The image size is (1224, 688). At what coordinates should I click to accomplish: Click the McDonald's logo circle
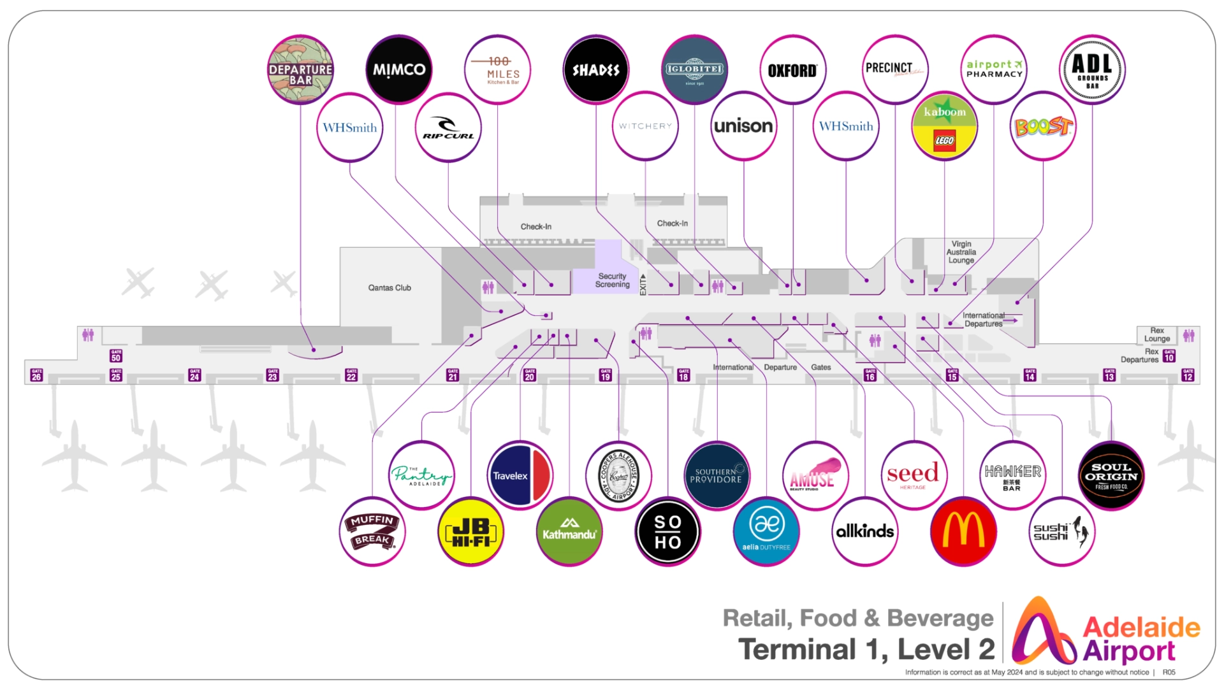[x=963, y=531]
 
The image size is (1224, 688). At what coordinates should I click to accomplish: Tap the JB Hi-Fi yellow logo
[x=471, y=532]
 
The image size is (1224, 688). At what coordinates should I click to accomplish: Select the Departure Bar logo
[x=300, y=70]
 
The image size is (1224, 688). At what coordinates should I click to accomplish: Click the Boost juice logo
[x=1043, y=126]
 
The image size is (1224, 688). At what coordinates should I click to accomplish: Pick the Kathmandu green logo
[x=569, y=532]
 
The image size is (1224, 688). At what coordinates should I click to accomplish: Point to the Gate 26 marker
[x=36, y=375]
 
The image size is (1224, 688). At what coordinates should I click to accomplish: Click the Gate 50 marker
[x=116, y=355]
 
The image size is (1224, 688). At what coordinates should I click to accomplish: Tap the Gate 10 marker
[x=1169, y=355]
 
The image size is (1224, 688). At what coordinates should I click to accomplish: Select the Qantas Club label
[x=390, y=288]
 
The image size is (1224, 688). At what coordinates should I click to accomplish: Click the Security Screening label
[x=612, y=280]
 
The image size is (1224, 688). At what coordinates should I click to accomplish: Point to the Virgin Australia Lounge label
[x=961, y=252]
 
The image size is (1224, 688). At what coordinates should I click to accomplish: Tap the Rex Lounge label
[x=1156, y=334]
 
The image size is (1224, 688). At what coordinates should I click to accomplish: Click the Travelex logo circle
[x=520, y=475]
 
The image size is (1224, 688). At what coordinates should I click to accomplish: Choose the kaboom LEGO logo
[x=944, y=126]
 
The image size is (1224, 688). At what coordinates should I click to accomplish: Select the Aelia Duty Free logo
[x=766, y=532]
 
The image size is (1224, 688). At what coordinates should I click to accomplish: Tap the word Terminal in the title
[x=796, y=650]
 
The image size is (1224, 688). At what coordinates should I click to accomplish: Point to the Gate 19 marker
[x=606, y=375]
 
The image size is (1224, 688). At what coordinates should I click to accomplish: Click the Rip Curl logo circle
[x=448, y=127]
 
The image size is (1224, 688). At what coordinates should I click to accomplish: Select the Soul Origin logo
[x=1111, y=476]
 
